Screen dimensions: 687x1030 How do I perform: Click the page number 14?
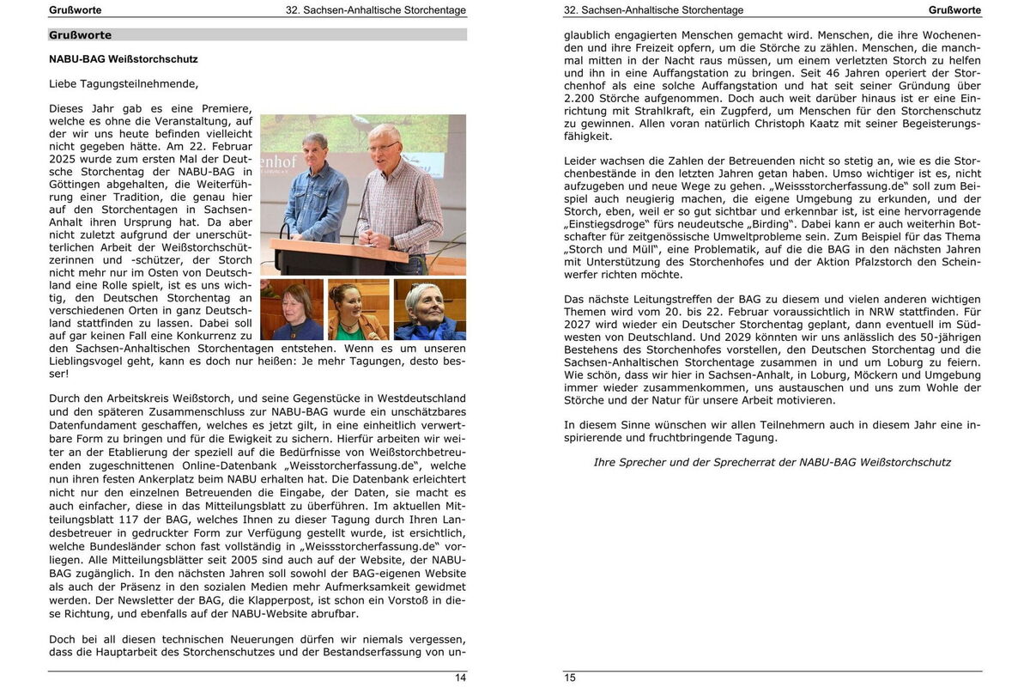coord(460,678)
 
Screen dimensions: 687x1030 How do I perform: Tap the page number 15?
coord(570,678)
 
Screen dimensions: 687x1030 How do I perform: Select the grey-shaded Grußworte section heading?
coord(81,35)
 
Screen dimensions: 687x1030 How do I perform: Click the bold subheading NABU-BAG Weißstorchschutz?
coord(124,59)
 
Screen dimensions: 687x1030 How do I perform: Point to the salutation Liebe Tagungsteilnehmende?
coord(124,84)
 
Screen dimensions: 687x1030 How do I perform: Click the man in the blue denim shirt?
coord(315,189)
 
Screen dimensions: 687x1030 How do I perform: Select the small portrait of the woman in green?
coord(359,309)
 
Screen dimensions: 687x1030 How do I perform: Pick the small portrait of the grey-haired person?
coord(429,309)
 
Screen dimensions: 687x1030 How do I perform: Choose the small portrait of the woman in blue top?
coord(292,309)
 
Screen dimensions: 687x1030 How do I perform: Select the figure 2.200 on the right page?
coord(579,98)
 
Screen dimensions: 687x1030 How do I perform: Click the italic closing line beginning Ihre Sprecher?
coord(772,462)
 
